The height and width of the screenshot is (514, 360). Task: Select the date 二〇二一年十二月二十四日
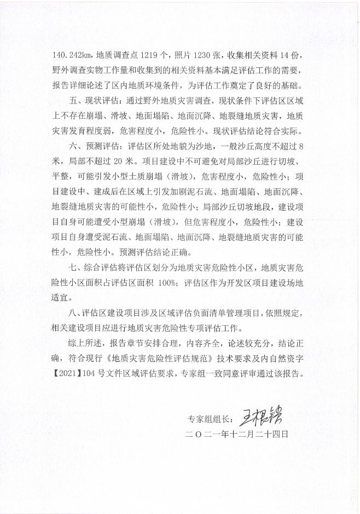click(x=237, y=432)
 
